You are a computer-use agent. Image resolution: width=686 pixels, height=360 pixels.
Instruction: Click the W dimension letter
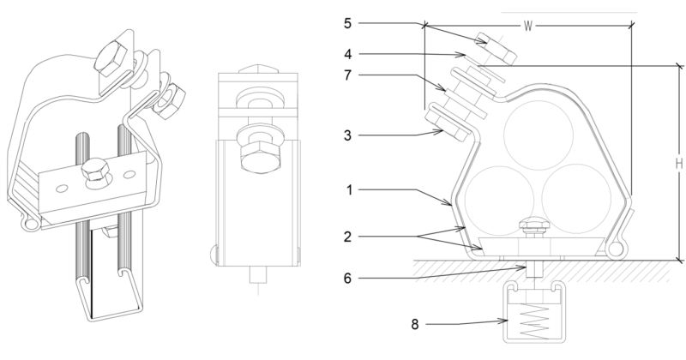529,26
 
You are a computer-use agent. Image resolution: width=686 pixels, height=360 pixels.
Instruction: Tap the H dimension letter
677,162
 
